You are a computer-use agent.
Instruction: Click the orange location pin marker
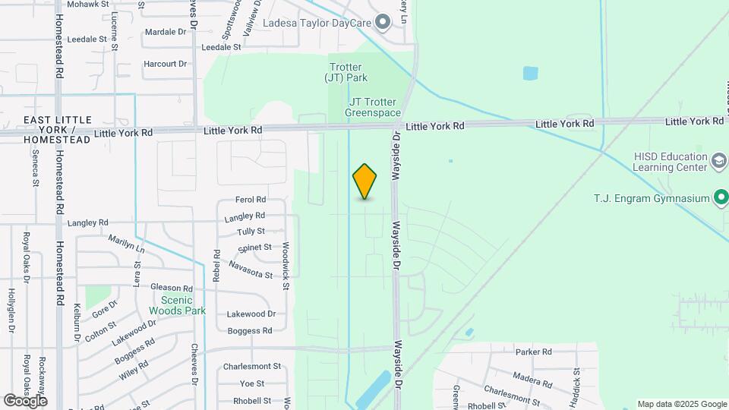[x=364, y=181]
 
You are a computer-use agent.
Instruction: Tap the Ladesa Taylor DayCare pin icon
[x=383, y=22]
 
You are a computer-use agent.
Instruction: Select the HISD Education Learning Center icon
[x=718, y=161]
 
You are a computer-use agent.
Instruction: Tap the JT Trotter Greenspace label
[x=374, y=107]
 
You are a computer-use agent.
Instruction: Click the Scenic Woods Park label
[x=177, y=305]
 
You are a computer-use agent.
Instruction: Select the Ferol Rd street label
[x=251, y=200]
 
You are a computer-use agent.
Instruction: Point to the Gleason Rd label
[x=172, y=288]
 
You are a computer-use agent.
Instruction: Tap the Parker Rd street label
[x=532, y=352]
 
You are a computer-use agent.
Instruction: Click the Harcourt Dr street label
[x=165, y=64]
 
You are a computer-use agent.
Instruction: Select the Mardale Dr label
[x=165, y=32]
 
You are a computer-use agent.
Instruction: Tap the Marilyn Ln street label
[x=125, y=243]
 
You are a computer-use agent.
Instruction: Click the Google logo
[x=25, y=400]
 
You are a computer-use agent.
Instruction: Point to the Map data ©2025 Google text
[x=681, y=404]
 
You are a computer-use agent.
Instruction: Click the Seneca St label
[x=35, y=167]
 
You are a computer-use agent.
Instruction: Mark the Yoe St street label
[x=251, y=383]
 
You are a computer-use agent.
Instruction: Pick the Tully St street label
[x=251, y=232]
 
